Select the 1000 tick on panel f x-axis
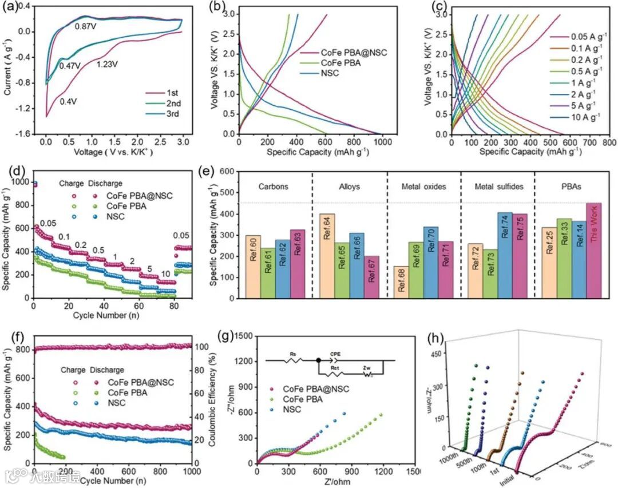point(191,471)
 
